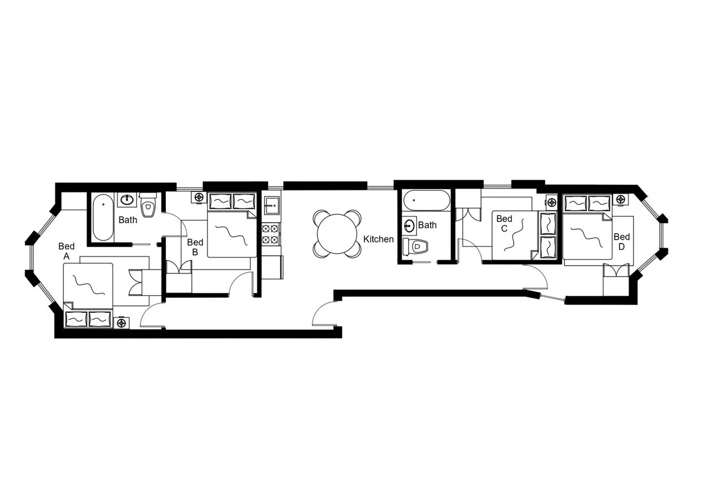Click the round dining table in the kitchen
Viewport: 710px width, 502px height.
coord(337,234)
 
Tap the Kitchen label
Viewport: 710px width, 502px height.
coord(378,239)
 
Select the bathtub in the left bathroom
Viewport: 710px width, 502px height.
coord(103,217)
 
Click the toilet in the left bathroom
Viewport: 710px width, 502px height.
coord(148,206)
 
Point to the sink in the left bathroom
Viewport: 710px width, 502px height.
coord(127,199)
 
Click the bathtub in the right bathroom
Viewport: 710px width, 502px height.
coord(426,200)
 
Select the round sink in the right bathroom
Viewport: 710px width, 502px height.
coord(409,225)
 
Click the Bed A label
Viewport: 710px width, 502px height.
coord(67,251)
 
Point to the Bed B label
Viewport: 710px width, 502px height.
coord(195,247)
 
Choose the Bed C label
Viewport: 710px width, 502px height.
coord(504,224)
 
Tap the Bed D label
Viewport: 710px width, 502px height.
coord(622,241)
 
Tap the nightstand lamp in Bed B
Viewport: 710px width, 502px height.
coord(199,197)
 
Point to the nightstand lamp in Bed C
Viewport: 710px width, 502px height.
coord(551,202)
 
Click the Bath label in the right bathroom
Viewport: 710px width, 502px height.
coord(427,225)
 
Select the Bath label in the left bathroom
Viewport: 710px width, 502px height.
coord(128,220)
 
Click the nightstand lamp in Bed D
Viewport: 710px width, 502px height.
coord(620,199)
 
